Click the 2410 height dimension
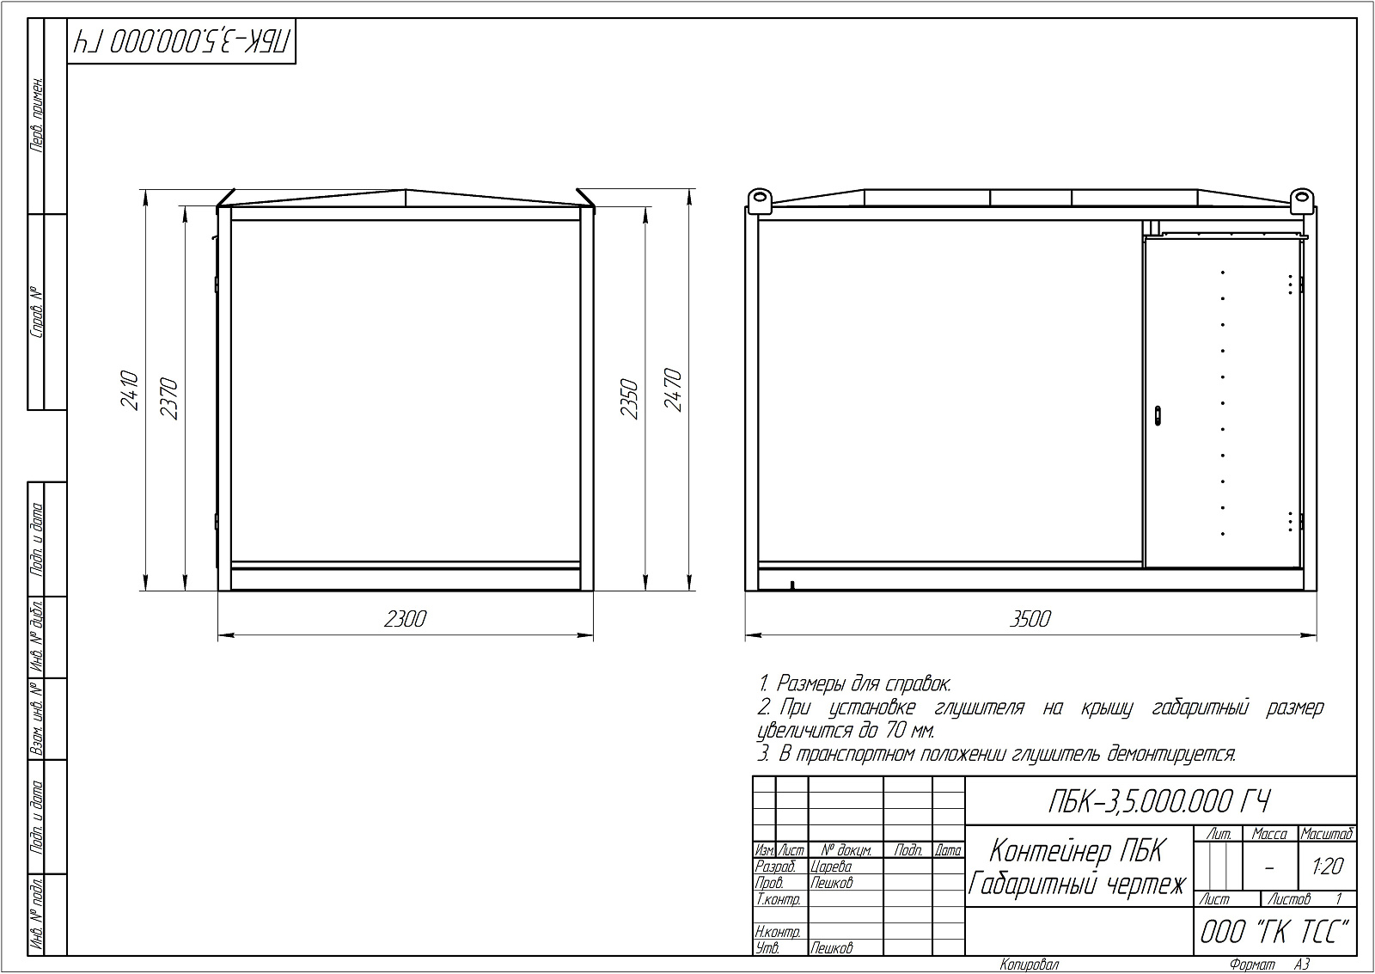point(130,390)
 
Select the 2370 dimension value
point(168,399)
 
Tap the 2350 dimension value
point(630,399)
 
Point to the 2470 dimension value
point(674,390)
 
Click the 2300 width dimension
point(405,619)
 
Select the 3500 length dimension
point(1030,619)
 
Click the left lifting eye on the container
point(760,200)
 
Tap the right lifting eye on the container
point(1300,200)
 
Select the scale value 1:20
point(1327,867)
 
